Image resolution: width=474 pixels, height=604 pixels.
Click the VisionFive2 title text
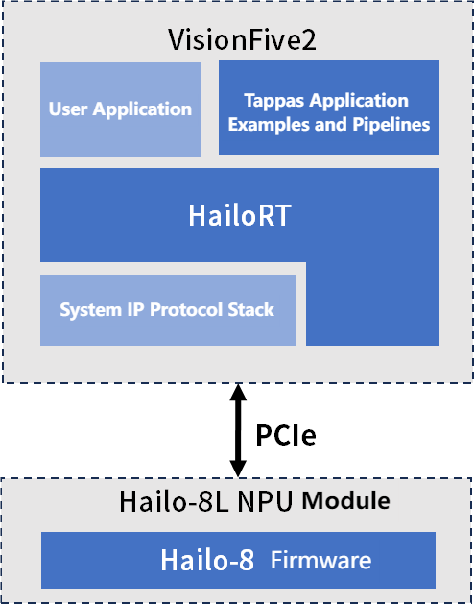[x=242, y=39]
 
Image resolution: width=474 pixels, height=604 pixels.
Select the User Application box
[x=120, y=109]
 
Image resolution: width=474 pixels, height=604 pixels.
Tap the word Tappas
[x=274, y=102]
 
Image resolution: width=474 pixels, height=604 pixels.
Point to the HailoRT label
[x=240, y=215]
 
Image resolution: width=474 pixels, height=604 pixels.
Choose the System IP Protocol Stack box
[x=168, y=310]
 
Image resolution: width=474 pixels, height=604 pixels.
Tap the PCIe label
[x=286, y=435]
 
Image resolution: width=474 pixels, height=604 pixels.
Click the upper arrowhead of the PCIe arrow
[x=238, y=392]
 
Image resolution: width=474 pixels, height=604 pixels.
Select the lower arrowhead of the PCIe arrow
[x=238, y=469]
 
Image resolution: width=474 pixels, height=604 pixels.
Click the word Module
[x=345, y=500]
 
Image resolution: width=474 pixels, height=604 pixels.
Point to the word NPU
[x=265, y=501]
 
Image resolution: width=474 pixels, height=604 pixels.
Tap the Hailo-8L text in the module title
[x=175, y=501]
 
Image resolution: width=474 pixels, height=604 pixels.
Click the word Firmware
[x=321, y=560]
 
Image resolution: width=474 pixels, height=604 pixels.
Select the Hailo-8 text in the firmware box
[x=207, y=560]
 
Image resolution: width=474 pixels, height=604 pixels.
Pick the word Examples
[x=269, y=125]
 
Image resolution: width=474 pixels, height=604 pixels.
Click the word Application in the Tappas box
[x=359, y=102]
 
